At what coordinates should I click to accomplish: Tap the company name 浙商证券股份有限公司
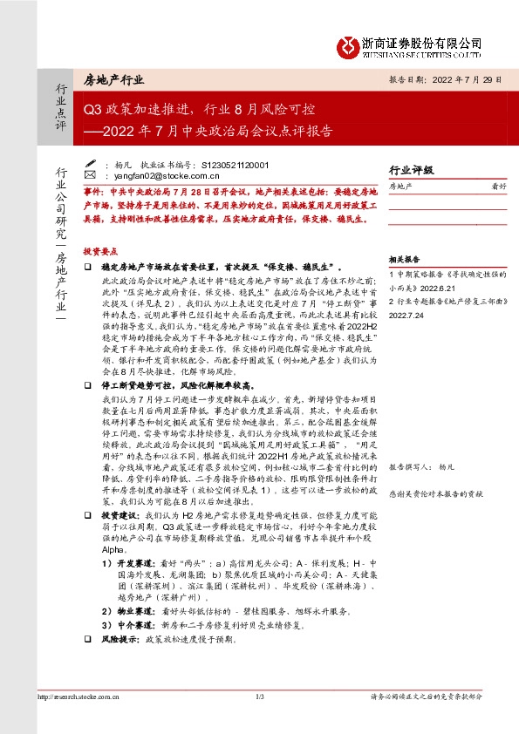(x=434, y=42)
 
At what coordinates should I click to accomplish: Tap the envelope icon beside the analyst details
(x=91, y=164)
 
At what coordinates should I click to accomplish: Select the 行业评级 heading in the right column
(x=412, y=170)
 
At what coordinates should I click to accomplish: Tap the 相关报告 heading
(x=405, y=259)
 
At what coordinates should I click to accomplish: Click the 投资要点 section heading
(x=100, y=250)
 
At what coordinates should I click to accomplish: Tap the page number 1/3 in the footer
(x=259, y=697)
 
